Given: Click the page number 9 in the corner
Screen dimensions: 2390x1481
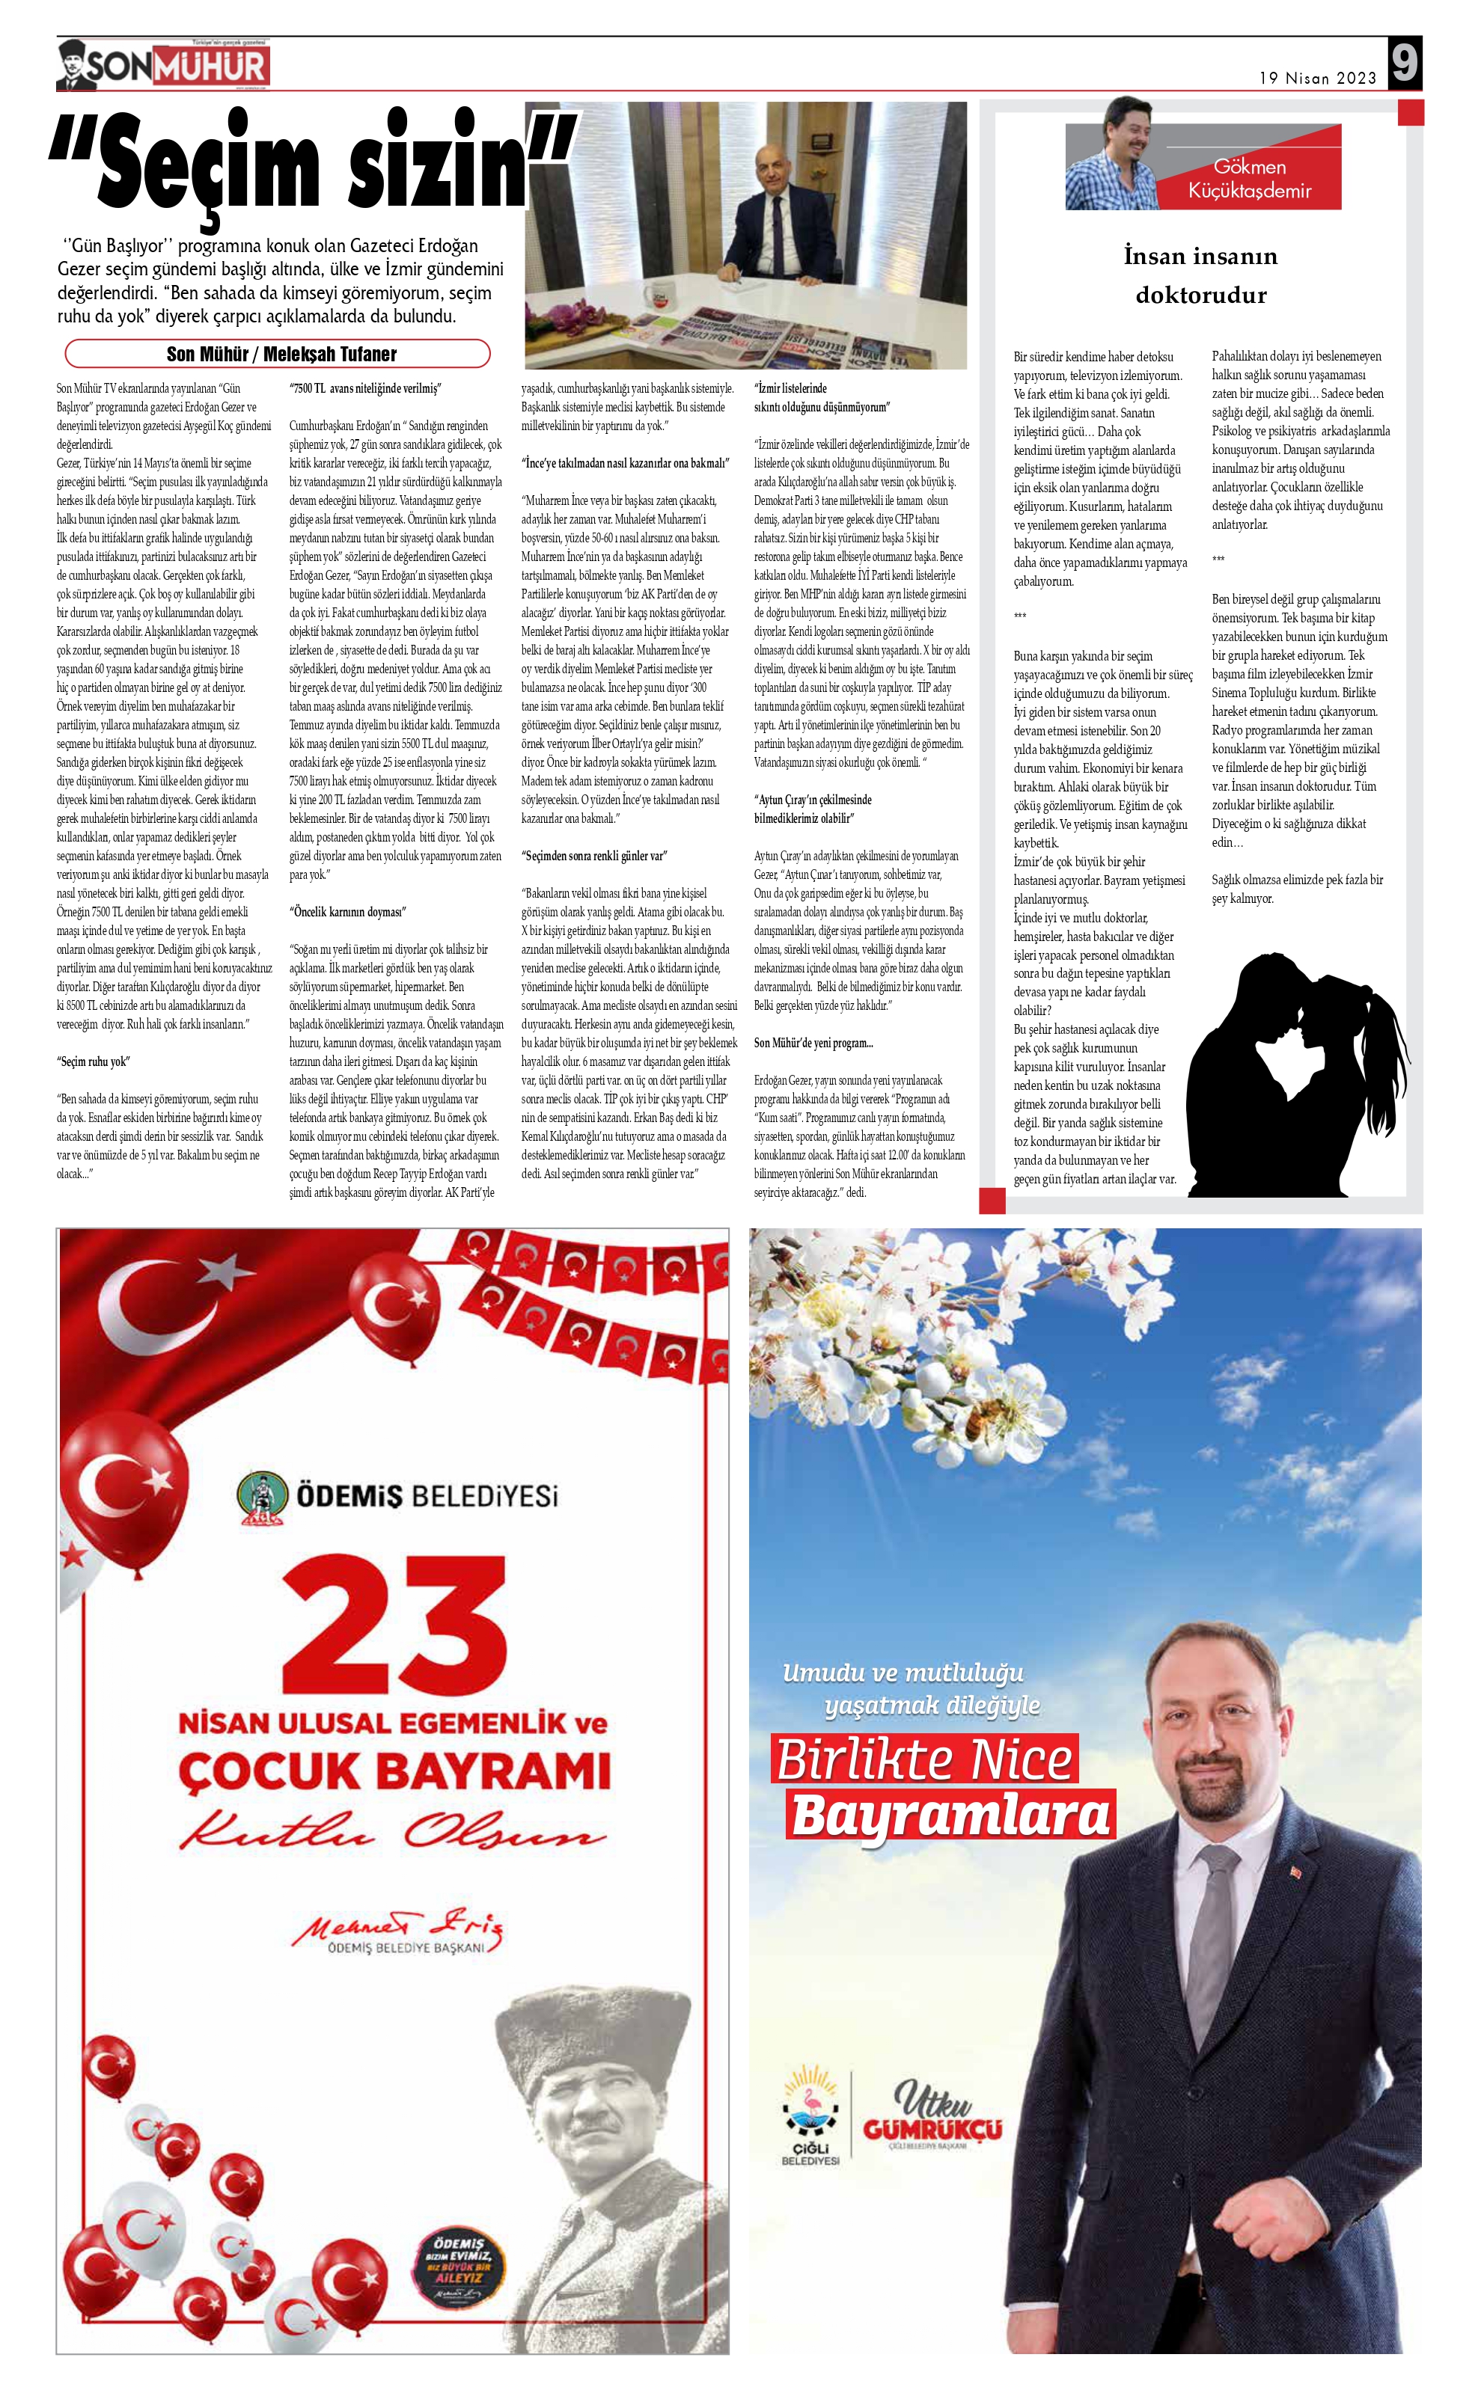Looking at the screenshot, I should [x=1405, y=64].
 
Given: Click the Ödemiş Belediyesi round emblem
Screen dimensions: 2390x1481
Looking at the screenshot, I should [x=257, y=1497].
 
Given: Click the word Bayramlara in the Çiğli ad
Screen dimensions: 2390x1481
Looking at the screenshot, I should [x=950, y=1814].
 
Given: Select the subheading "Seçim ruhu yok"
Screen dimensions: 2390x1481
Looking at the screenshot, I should [x=93, y=1061].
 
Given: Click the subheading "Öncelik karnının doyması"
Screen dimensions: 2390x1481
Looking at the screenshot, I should [x=346, y=912].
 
